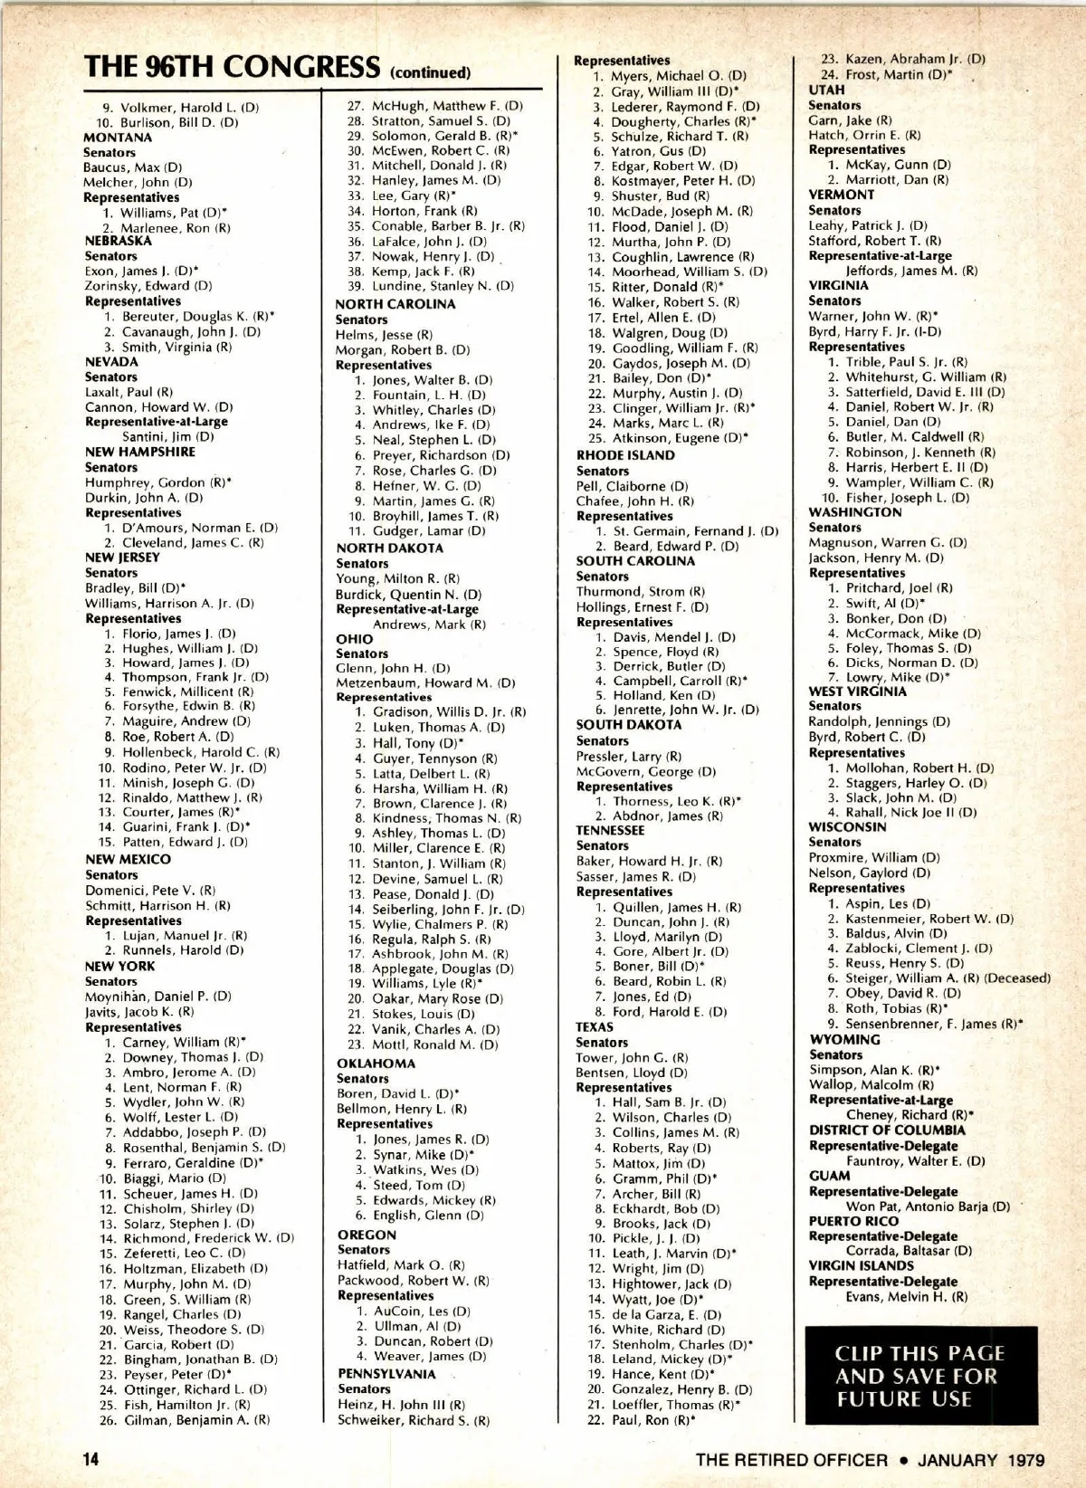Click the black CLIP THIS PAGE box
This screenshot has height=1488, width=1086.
920,1376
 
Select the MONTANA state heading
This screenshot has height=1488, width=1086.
118,138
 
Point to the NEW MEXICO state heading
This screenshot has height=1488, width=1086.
128,859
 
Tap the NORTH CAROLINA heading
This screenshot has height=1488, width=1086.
395,304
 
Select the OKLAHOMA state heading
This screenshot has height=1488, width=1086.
376,1064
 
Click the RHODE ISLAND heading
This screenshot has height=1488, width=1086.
625,455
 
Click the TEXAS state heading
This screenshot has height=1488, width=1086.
595,1027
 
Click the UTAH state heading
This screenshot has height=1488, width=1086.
826,90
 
